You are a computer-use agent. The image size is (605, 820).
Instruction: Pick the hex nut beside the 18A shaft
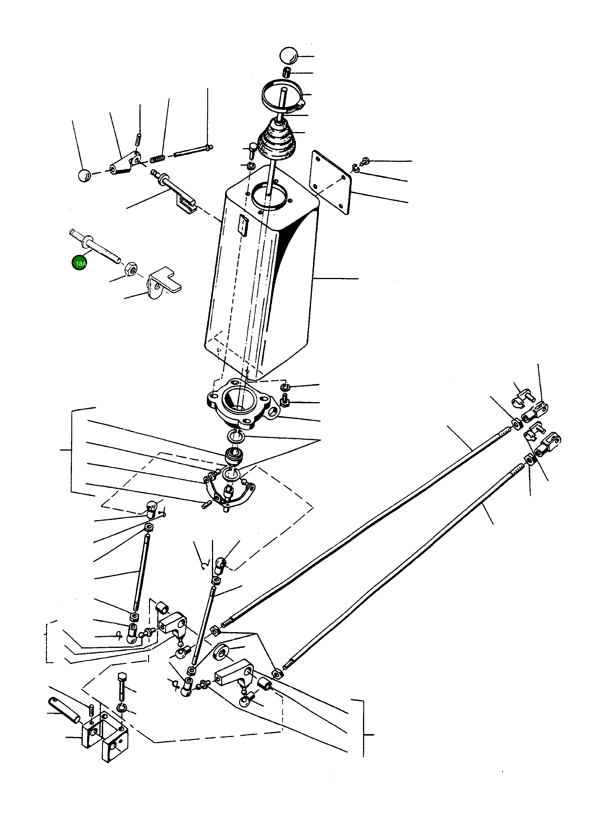(x=130, y=270)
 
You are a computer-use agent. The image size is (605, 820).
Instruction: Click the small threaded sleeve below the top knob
(x=288, y=72)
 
